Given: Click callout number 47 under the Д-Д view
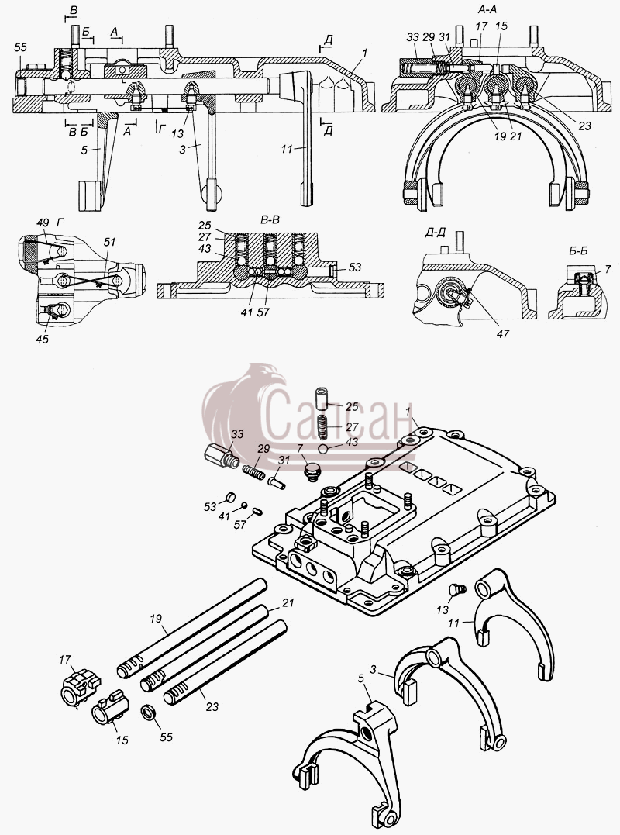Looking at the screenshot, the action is (x=502, y=334).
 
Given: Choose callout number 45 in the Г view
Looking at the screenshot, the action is (x=42, y=339).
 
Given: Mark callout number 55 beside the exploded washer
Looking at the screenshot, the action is (x=166, y=737).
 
